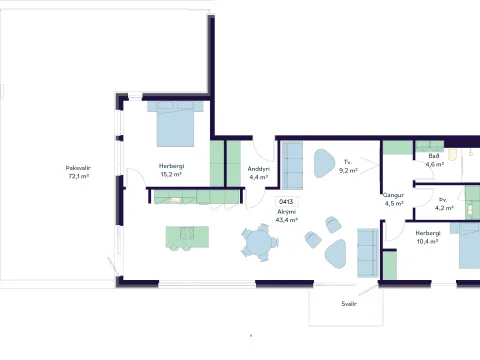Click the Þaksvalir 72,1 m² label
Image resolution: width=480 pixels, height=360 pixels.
pos(78,172)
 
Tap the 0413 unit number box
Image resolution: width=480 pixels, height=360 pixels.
pos(286,202)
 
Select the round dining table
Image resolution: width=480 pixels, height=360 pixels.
pos(259,242)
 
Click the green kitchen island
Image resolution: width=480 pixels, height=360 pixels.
pos(188,237)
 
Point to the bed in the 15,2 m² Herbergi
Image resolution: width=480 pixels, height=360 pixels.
pos(175,124)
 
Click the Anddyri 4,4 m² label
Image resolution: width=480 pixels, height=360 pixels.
pos(259,173)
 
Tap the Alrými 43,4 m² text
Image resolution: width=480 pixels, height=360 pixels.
pos(286,216)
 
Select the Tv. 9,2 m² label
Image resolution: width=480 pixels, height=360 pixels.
pos(348,166)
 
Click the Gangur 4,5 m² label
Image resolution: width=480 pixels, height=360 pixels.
pos(394,199)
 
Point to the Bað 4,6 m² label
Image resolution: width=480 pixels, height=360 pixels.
pos(434,160)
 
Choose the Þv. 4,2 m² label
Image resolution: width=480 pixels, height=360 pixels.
pos(444,204)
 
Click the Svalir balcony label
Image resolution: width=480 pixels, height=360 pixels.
pos(349,304)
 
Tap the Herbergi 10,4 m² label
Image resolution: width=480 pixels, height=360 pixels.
pos(428,237)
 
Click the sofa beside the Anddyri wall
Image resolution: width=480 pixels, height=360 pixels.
pos(292,165)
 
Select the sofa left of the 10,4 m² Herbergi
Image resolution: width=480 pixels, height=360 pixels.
pos(368,253)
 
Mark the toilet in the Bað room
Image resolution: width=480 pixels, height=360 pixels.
pos(452,155)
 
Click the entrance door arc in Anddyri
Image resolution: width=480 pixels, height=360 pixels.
pos(262,149)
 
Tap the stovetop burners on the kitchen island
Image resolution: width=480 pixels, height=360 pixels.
pos(187,233)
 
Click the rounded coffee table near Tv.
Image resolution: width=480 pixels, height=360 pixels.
pos(324,163)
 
